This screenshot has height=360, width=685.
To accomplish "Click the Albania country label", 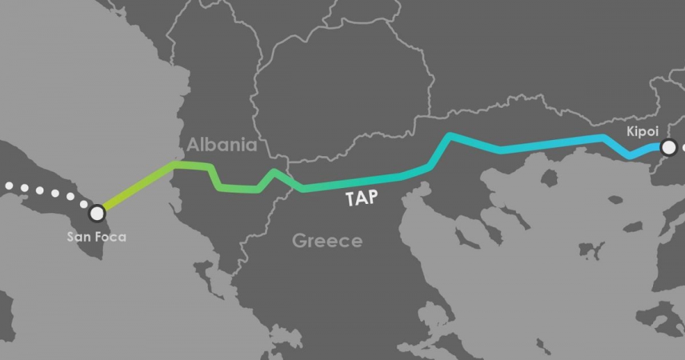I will [x=222, y=145].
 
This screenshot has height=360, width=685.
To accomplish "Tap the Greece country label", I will [x=327, y=241].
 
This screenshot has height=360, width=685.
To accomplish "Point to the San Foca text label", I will [x=97, y=237].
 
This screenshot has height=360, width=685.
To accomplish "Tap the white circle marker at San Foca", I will [x=97, y=212].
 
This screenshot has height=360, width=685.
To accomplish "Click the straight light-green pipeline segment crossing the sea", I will [x=137, y=186].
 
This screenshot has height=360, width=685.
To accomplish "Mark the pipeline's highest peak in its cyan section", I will [x=451, y=136].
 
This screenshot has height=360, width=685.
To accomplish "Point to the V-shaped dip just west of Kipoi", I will [x=629, y=155].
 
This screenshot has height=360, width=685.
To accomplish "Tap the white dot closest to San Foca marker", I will [x=83, y=203].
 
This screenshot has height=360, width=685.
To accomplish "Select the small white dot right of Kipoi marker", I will [x=683, y=148].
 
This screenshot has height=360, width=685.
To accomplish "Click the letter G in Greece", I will [x=299, y=241].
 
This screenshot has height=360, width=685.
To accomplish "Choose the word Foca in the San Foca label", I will [x=111, y=237].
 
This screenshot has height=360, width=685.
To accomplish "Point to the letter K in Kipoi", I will [x=630, y=132].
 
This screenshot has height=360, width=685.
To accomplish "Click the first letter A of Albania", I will [x=193, y=145].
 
